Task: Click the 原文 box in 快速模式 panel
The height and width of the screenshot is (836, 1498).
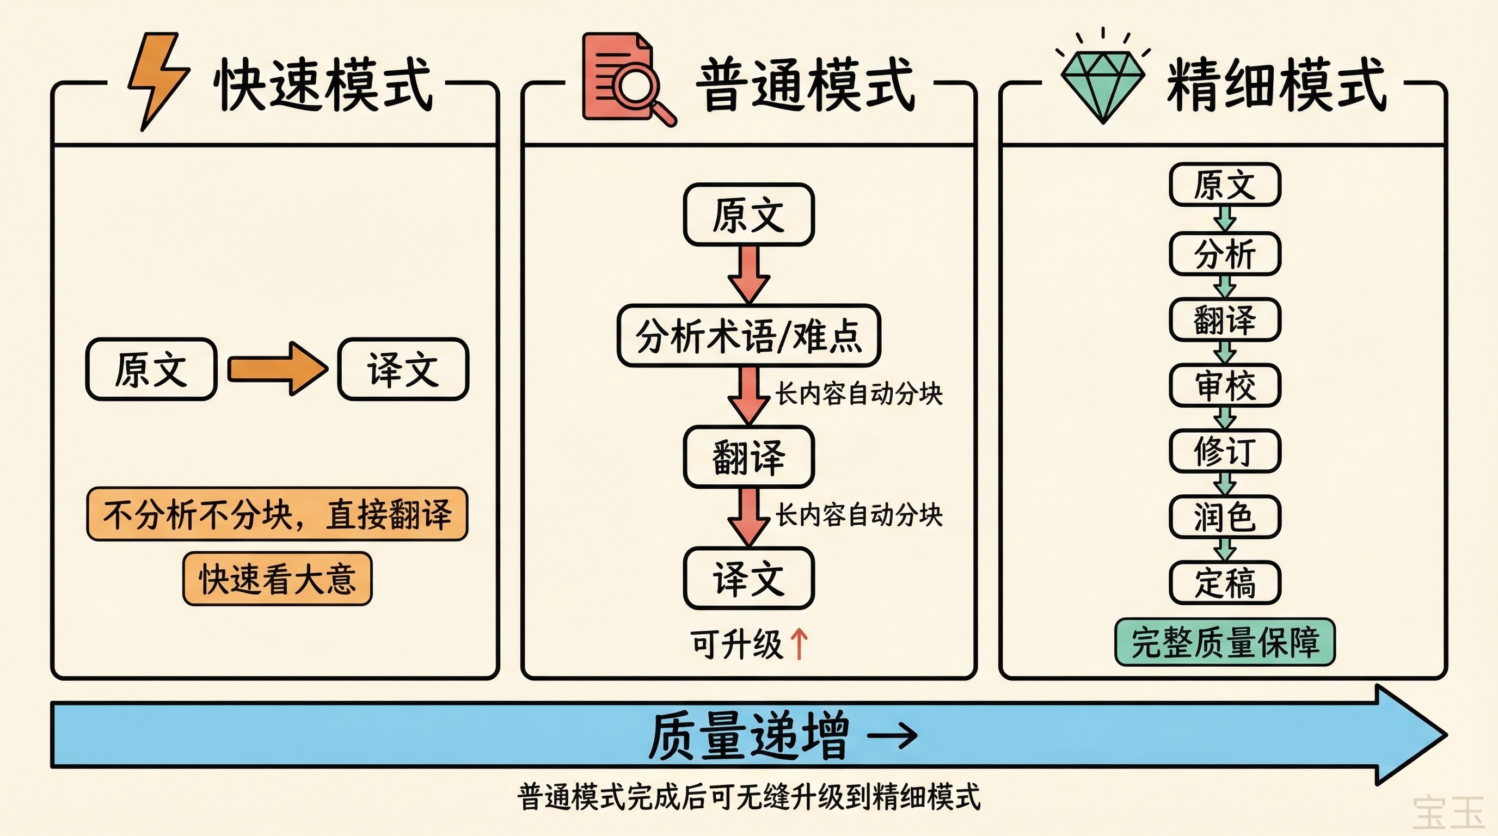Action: click(x=151, y=369)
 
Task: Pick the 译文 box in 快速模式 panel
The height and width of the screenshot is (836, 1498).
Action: click(x=403, y=369)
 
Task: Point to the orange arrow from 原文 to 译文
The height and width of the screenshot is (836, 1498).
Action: click(x=278, y=369)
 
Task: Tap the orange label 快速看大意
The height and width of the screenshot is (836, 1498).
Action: click(x=278, y=579)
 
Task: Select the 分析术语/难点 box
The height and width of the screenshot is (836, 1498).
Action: click(x=749, y=336)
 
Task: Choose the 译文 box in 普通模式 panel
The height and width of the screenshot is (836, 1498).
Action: click(x=749, y=579)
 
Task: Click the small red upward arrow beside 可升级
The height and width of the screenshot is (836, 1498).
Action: click(x=799, y=645)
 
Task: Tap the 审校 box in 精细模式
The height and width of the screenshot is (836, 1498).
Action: click(x=1225, y=385)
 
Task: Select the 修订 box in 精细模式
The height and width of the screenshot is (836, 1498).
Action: click(x=1225, y=451)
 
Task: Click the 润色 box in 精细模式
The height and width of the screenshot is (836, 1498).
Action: click(x=1225, y=517)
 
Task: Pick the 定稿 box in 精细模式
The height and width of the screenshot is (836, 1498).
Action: click(x=1225, y=583)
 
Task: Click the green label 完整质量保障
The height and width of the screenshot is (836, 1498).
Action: click(x=1225, y=642)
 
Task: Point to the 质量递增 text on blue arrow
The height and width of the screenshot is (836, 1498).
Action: click(x=749, y=736)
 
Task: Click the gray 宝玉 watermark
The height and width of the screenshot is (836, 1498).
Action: click(x=1448, y=813)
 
